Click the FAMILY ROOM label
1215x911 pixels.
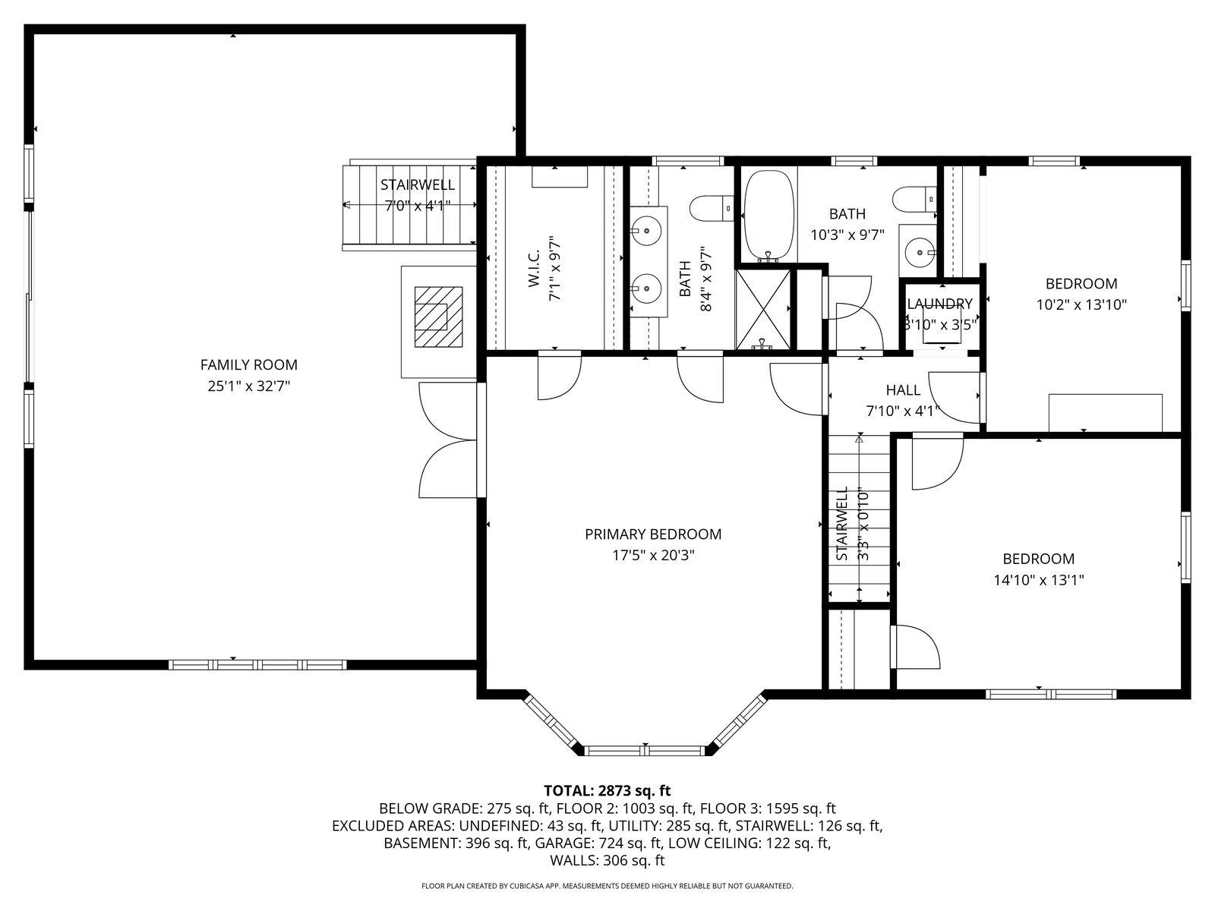pyautogui.click(x=248, y=365)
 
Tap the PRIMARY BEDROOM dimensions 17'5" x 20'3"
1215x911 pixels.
pyautogui.click(x=653, y=555)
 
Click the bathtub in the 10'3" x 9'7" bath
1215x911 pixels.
pyautogui.click(x=768, y=215)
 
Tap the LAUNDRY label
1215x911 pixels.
pyautogui.click(x=940, y=304)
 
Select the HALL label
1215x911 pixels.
pyautogui.click(x=902, y=390)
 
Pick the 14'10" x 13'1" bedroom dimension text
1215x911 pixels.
pyautogui.click(x=1038, y=580)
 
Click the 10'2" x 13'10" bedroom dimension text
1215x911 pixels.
pyautogui.click(x=1081, y=305)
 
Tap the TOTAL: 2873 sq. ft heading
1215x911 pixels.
pyautogui.click(x=607, y=790)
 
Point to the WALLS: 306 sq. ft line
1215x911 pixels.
pyautogui.click(x=607, y=860)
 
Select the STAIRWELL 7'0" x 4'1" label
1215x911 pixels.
pyautogui.click(x=417, y=194)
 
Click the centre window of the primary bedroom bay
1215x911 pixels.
pyautogui.click(x=645, y=750)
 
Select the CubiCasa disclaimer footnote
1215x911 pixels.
pyautogui.click(x=607, y=886)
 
